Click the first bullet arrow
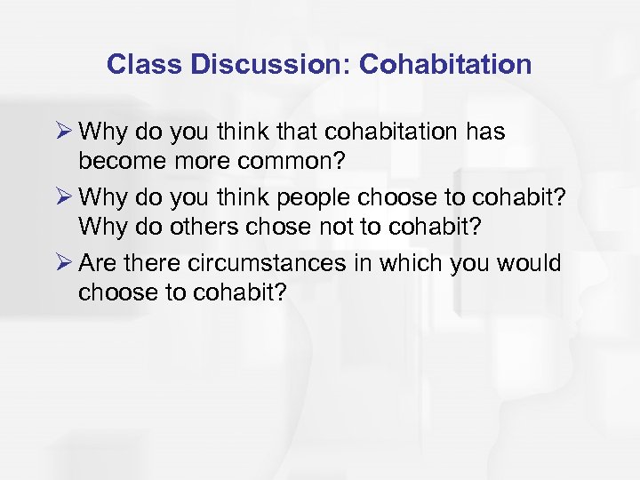(x=62, y=132)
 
